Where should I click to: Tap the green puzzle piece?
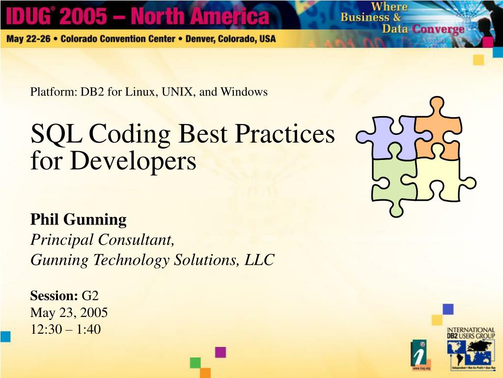pyautogui.click(x=393, y=182)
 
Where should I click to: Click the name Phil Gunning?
pyautogui.click(x=79, y=220)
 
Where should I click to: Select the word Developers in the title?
pyautogui.click(x=132, y=161)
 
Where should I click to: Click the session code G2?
pyautogui.click(x=90, y=296)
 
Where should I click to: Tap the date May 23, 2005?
pyautogui.click(x=69, y=313)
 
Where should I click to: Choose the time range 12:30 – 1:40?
pyautogui.click(x=65, y=329)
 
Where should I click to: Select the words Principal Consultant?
pyautogui.click(x=102, y=240)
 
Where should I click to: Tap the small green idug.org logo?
pyautogui.click(x=419, y=354)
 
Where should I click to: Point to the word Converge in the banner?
pyautogui.click(x=438, y=29)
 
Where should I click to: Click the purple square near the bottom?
pyautogui.click(x=221, y=352)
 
